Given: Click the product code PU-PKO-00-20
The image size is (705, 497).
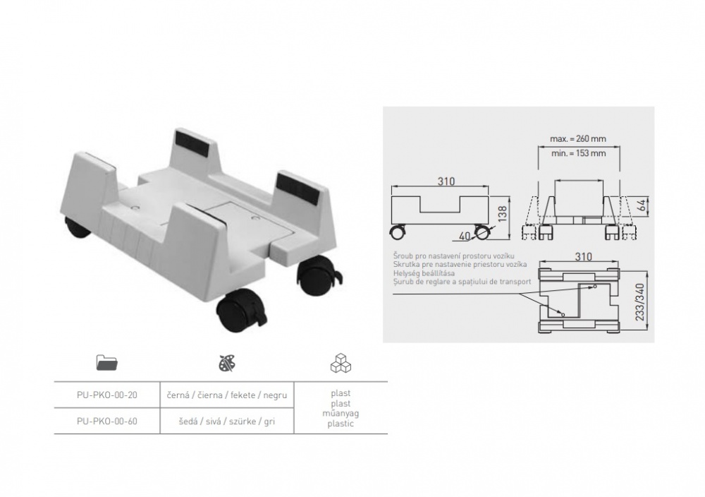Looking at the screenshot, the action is (107, 395).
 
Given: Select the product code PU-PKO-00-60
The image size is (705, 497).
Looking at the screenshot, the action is (107, 421).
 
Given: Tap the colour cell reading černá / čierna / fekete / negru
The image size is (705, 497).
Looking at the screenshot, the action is (226, 395).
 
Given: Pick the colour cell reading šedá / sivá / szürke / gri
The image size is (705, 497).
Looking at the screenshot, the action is (226, 421).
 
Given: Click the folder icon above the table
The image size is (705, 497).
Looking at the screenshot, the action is (107, 362).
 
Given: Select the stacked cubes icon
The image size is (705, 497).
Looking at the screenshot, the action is (341, 363).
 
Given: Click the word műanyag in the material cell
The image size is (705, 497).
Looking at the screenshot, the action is (341, 413).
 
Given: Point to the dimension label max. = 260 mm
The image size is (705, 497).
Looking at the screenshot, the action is (578, 138).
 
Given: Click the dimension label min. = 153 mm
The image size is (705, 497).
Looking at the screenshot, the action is (579, 153).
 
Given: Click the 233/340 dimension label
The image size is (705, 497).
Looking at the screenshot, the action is (639, 302).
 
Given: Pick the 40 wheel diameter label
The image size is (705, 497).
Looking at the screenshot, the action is (465, 236).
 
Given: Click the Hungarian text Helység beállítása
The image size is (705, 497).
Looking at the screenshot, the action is (424, 273).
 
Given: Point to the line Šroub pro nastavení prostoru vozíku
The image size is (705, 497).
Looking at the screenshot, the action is (453, 256).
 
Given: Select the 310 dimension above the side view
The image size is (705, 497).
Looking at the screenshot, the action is (446, 181).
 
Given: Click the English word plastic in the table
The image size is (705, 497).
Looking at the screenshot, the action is (341, 424).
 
